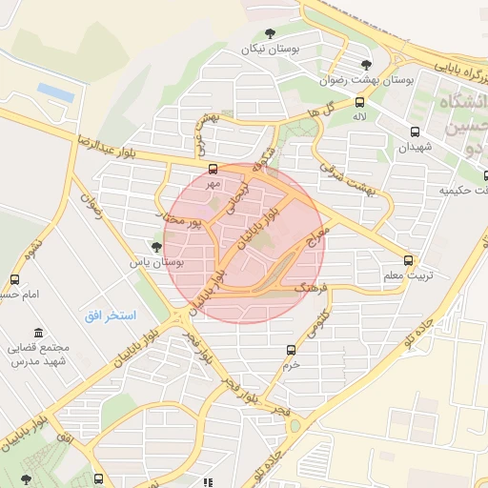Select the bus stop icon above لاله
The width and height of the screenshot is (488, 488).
[359, 102]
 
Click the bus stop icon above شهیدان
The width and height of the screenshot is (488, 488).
[415, 132]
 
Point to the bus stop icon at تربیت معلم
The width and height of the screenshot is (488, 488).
[409, 260]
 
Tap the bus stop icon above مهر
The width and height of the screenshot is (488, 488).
[213, 169]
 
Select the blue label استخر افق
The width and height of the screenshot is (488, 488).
[110, 315]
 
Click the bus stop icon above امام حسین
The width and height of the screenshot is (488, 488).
[14, 279]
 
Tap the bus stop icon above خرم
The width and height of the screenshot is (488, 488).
[291, 350]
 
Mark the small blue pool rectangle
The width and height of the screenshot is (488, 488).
[53, 91]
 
